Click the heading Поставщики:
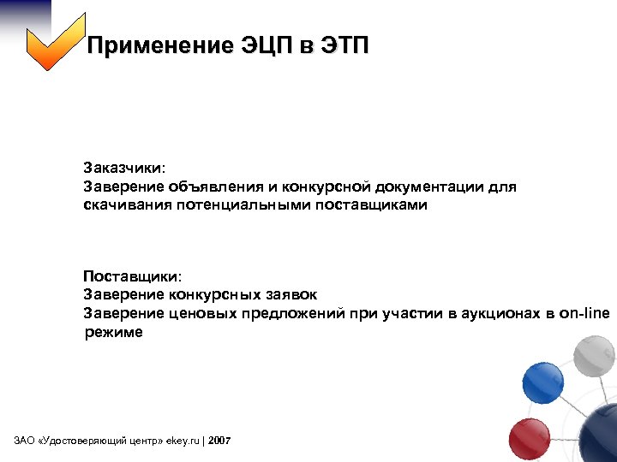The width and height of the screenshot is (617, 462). coord(132,276)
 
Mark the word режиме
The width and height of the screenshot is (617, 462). coord(113,333)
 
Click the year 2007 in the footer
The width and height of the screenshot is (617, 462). coord(219,441)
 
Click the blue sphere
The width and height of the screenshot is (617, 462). coord(542,382)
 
